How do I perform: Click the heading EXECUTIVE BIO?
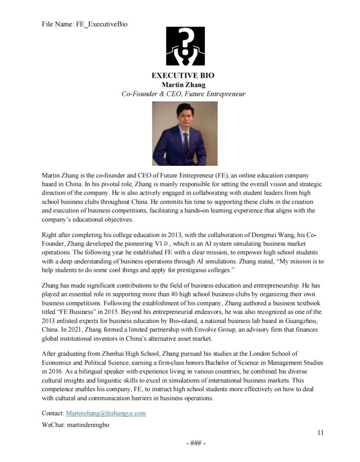[x=183, y=75]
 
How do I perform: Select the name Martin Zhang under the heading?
[x=183, y=84]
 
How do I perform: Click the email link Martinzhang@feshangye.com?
[x=106, y=413]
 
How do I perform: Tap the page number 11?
[x=320, y=432]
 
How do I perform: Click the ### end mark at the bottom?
[x=196, y=443]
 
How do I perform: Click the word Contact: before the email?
[x=53, y=413]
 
